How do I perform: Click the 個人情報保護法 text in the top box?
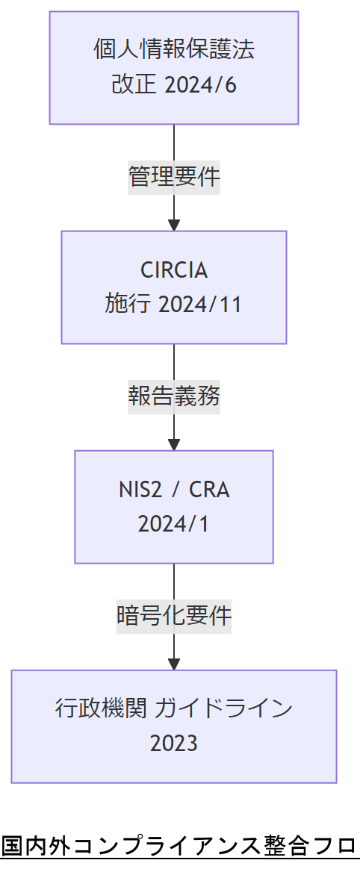174,50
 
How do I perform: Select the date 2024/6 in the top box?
199,84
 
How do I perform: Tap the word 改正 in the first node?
134,84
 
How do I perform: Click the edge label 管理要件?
174,178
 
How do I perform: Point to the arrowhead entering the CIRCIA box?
174,225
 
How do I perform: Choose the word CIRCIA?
174,270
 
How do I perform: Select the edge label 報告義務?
174,397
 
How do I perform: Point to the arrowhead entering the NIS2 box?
174,444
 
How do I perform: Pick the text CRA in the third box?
209,489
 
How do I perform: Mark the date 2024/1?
174,523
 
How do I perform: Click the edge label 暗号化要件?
174,616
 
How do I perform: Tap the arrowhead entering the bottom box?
174,664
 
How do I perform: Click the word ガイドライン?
223,708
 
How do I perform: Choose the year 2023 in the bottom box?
174,743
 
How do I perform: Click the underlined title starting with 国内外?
179,847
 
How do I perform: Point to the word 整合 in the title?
285,847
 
